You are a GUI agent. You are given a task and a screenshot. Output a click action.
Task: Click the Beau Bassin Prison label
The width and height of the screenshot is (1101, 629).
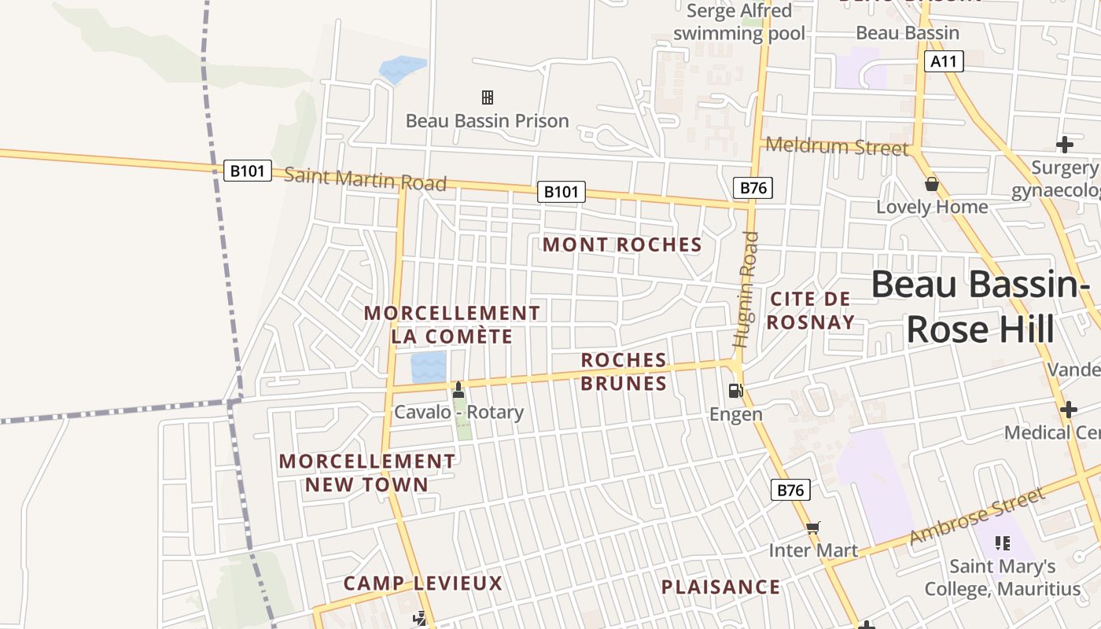(487, 121)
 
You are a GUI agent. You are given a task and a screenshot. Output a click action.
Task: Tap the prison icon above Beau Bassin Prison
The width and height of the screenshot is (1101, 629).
(488, 97)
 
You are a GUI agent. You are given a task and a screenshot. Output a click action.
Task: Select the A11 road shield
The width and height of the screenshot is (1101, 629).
(944, 61)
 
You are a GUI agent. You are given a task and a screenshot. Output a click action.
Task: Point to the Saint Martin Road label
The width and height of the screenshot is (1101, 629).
(365, 178)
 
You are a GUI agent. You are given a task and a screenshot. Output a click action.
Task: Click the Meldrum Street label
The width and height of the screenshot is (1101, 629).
(837, 146)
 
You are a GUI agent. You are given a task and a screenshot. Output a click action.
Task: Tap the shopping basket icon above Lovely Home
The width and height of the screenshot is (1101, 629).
(932, 184)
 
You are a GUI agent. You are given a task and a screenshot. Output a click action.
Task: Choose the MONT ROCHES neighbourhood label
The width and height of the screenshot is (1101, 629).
(622, 245)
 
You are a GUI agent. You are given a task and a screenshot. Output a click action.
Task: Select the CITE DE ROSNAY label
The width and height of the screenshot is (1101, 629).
(811, 310)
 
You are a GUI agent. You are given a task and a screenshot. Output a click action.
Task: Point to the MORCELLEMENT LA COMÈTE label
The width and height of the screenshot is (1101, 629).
(452, 325)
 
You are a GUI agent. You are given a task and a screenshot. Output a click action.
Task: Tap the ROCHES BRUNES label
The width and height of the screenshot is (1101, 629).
(624, 371)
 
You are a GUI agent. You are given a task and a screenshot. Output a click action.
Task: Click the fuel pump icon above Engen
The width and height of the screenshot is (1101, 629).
(736, 390)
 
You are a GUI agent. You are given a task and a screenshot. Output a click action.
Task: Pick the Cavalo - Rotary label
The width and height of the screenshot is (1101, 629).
(458, 412)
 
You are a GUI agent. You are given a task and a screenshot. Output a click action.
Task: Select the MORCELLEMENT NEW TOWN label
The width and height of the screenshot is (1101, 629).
(367, 473)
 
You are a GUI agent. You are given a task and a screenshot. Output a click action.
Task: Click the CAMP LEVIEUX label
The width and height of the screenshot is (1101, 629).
(423, 583)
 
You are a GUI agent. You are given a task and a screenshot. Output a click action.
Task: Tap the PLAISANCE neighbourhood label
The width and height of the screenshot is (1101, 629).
(720, 587)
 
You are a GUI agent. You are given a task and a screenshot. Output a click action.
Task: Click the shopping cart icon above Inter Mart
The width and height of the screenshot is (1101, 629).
(813, 528)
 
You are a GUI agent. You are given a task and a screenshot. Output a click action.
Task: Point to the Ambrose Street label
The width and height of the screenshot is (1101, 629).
(978, 515)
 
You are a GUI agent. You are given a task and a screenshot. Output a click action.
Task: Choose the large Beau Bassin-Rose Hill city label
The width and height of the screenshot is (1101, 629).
(981, 307)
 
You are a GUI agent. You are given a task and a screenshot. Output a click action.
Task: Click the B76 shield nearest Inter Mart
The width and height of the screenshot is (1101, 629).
(790, 490)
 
